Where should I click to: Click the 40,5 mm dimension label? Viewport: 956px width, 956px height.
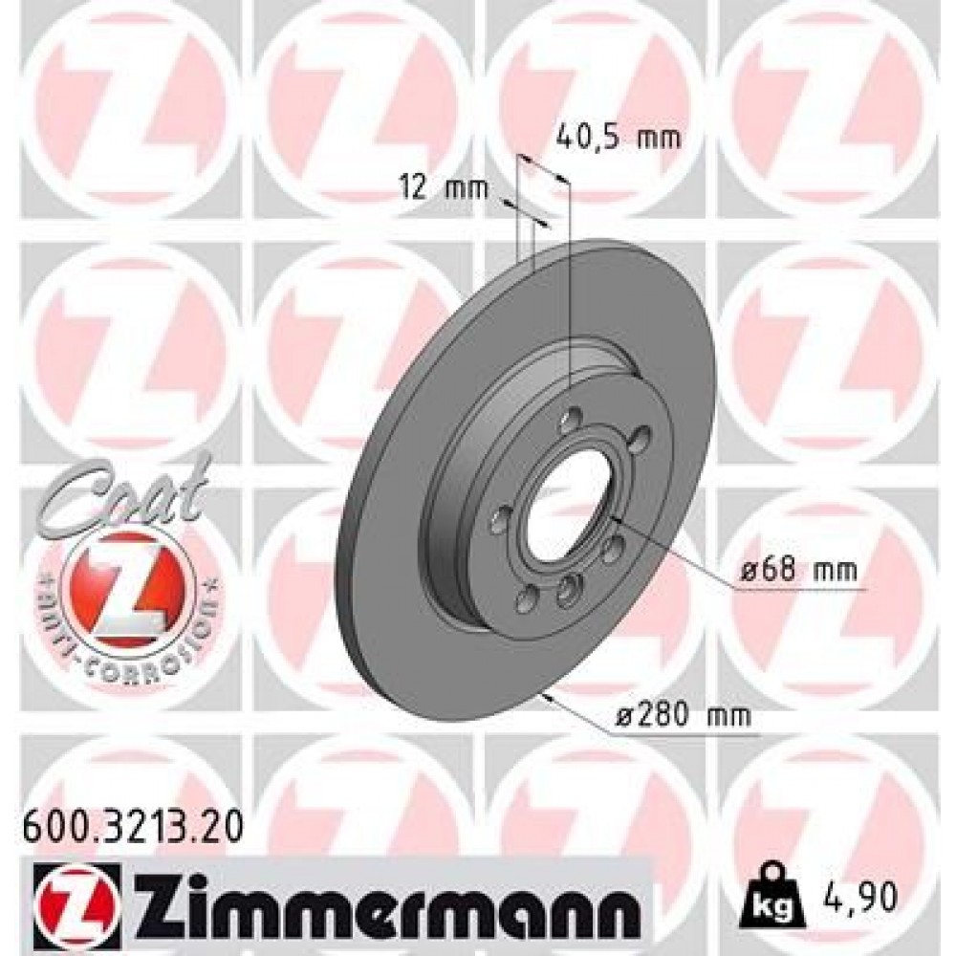[618, 139]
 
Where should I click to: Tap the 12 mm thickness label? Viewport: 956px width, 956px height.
[443, 187]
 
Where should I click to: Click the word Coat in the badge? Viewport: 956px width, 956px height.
[124, 492]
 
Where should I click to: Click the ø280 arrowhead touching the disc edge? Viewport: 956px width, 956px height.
[545, 695]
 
